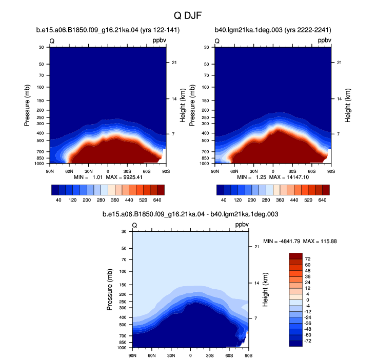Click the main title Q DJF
pyautogui.click(x=188, y=15)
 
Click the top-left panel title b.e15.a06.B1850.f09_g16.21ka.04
pyautogui.click(x=87, y=30)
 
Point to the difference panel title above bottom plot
pyautogui.click(x=190, y=214)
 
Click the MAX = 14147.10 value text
pyautogui.click(x=289, y=177)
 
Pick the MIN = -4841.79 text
pyautogui.click(x=282, y=241)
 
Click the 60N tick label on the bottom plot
pyautogui.click(x=151, y=355)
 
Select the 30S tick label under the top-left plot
pyautogui.click(x=127, y=171)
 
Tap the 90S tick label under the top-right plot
pyautogui.click(x=331, y=171)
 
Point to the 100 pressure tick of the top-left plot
pyautogui.click(x=41, y=87)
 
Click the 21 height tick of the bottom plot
pyautogui.click(x=257, y=247)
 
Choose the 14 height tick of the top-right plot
pyautogui.click(x=339, y=99)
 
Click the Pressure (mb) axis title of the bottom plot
pyautogui.click(x=109, y=290)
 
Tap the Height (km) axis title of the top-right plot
pyautogui.click(x=348, y=106)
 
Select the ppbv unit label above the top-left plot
pyautogui.click(x=160, y=41)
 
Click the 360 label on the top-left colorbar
pyautogui.click(x=115, y=200)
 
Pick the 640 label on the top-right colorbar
pyautogui.click(x=322, y=200)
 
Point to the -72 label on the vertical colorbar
pyautogui.click(x=308, y=341)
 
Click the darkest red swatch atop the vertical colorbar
pyautogui.click(x=295, y=256)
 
